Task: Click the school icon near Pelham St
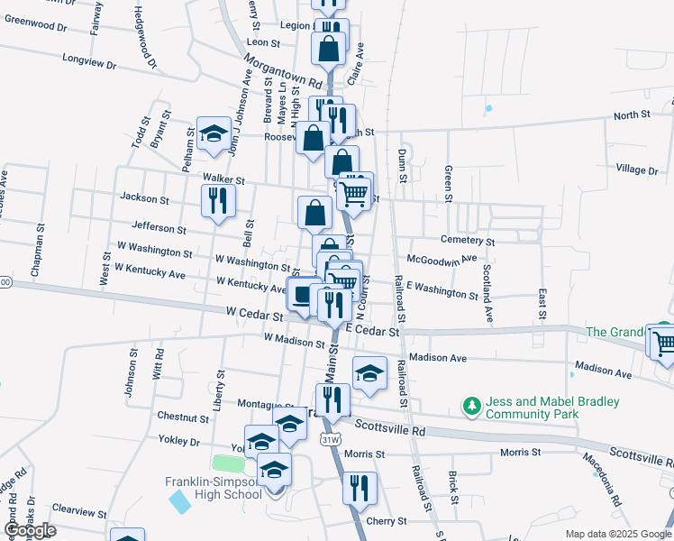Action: pyautogui.click(x=214, y=134)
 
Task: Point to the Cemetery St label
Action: pyautogui.click(x=468, y=242)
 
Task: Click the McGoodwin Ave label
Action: pyautogui.click(x=442, y=259)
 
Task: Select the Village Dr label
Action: pyautogui.click(x=637, y=170)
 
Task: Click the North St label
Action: pyautogui.click(x=632, y=115)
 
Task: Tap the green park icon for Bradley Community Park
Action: pyautogui.click(x=470, y=407)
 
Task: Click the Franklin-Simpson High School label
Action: pyautogui.click(x=213, y=487)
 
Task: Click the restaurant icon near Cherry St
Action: pyautogui.click(x=359, y=488)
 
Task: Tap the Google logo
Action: pyautogui.click(x=29, y=530)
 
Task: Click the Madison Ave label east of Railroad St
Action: pyautogui.click(x=438, y=358)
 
